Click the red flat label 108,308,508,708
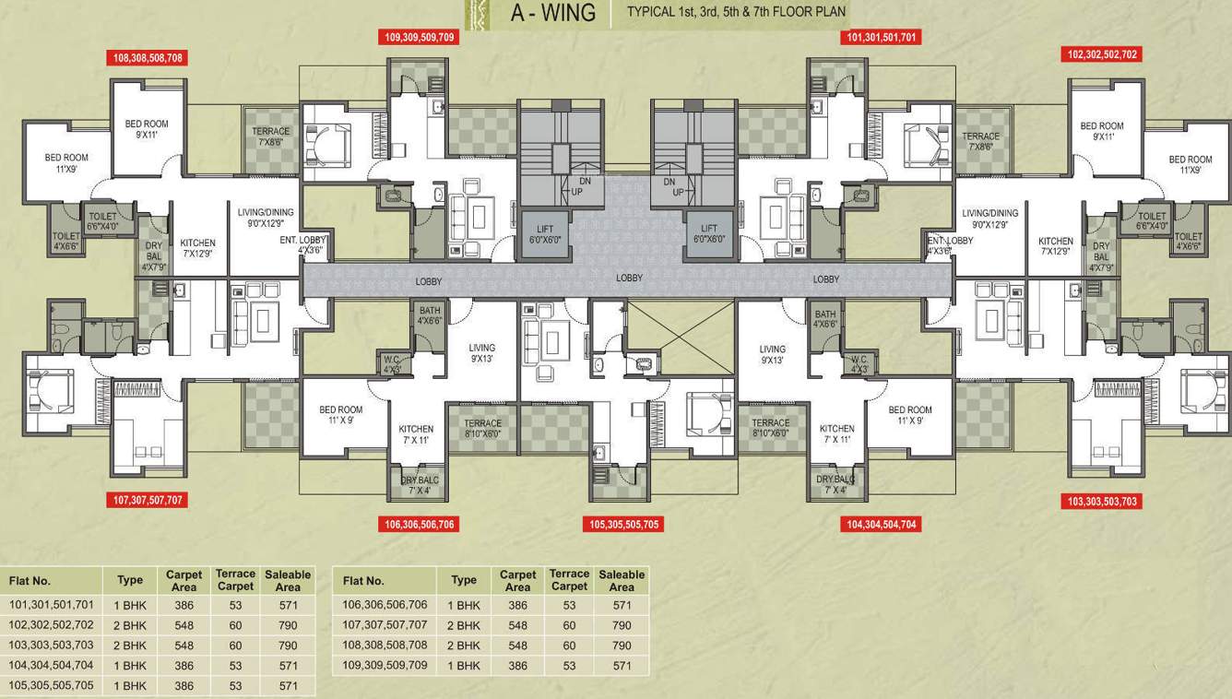148,57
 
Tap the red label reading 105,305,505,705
624,525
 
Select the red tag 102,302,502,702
1103,54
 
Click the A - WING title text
553,14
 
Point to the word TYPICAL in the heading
656,12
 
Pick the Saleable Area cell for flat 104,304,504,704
288,665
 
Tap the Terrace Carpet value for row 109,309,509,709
569,665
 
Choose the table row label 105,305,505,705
52,685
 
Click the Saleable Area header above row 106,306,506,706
622,580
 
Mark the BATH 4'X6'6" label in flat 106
430,316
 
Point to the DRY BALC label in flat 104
836,484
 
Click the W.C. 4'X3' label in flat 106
393,364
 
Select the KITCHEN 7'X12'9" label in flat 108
197,248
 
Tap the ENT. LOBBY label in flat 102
950,245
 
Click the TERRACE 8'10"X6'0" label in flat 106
482,429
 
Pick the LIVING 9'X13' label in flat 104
772,354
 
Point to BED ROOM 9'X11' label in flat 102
1102,131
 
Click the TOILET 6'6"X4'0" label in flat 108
102,221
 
